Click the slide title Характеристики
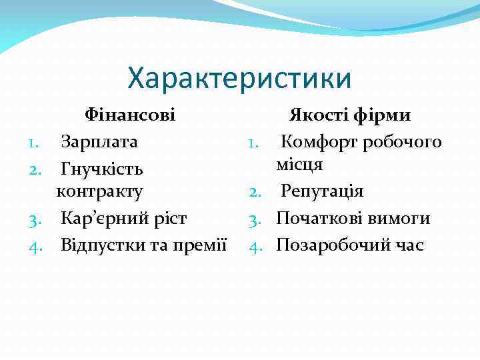pyautogui.click(x=239, y=78)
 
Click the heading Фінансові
pyautogui.click(x=130, y=115)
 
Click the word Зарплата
pyautogui.click(x=99, y=141)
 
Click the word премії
pyautogui.click(x=203, y=245)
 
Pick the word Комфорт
pyautogui.click(x=314, y=141)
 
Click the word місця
pyautogui.click(x=301, y=165)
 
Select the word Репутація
pyautogui.click(x=322, y=192)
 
